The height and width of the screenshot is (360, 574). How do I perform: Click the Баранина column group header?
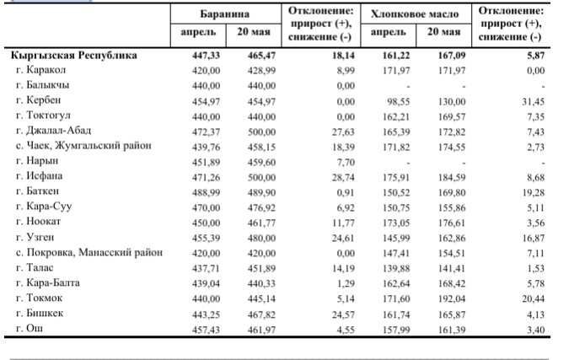click(x=224, y=14)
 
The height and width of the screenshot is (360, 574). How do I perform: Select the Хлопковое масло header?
click(x=415, y=14)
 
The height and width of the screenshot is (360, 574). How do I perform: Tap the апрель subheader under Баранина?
click(x=198, y=32)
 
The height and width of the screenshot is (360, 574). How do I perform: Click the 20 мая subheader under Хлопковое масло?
click(x=443, y=32)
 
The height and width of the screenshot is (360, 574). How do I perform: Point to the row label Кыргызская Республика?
click(x=74, y=56)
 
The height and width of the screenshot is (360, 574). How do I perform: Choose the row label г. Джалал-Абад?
click(x=53, y=131)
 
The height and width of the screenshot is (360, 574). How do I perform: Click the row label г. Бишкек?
click(x=40, y=313)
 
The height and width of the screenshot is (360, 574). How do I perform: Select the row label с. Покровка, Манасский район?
click(x=89, y=252)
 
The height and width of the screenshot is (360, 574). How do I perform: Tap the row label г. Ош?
click(x=30, y=328)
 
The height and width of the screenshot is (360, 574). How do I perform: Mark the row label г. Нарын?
click(x=37, y=161)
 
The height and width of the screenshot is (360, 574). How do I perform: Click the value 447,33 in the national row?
click(x=207, y=56)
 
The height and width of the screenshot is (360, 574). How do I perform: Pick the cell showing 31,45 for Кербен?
click(x=533, y=101)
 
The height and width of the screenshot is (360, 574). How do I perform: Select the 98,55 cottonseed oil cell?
click(x=399, y=101)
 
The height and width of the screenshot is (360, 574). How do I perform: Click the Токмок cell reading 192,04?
click(x=452, y=298)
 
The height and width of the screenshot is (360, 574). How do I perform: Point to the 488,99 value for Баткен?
click(x=207, y=192)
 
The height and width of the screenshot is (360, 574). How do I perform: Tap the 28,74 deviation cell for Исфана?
click(x=343, y=178)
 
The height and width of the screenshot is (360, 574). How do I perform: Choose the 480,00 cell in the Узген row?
click(x=261, y=238)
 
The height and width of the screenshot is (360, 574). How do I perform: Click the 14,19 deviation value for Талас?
click(x=343, y=268)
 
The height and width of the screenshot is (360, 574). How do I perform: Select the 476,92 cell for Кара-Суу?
click(x=261, y=207)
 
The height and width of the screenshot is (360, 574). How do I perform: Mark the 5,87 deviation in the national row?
click(x=536, y=56)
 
